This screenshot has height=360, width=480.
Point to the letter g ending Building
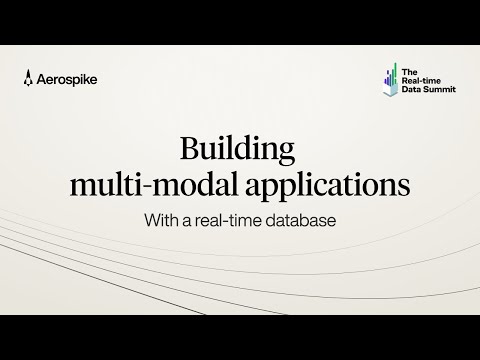tap(288, 156)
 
